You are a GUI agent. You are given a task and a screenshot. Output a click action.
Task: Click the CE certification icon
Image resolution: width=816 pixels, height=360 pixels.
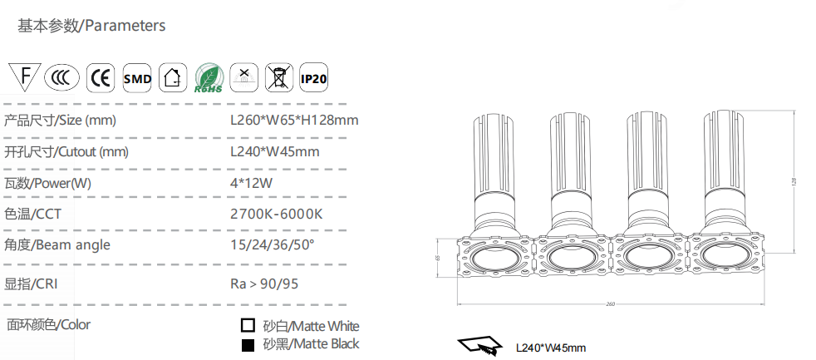coord(101,78)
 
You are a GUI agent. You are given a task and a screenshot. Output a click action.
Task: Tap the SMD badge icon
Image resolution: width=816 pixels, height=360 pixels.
coord(137,78)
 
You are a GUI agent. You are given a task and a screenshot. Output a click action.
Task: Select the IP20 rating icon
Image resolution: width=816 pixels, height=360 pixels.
coord(314,78)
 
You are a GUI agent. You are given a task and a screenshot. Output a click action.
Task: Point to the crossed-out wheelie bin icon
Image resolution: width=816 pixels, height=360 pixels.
coord(279,78)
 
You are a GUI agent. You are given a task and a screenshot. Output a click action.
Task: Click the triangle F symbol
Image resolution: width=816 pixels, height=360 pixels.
coord(24,76)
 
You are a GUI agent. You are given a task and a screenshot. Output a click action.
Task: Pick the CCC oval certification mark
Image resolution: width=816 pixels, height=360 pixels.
coord(62,78)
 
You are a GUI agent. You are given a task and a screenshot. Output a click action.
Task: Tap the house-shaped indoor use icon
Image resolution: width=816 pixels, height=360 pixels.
coord(173,78)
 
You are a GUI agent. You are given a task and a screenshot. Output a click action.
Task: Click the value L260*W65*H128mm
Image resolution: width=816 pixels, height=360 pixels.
coord(294,121)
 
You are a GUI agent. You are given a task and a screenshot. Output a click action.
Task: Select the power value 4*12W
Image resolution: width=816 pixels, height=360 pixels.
coord(251,184)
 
